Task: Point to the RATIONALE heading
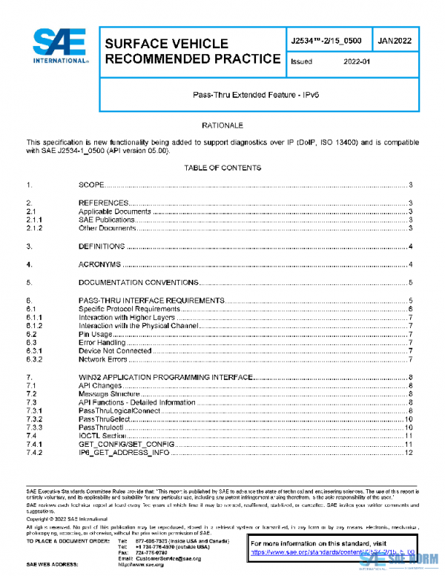[x=222, y=126]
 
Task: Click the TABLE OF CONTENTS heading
[x=222, y=168]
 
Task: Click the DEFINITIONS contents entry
[x=102, y=246]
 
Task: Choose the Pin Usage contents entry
[x=94, y=335]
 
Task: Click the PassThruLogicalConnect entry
[x=120, y=410]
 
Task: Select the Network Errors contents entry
[x=102, y=359]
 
